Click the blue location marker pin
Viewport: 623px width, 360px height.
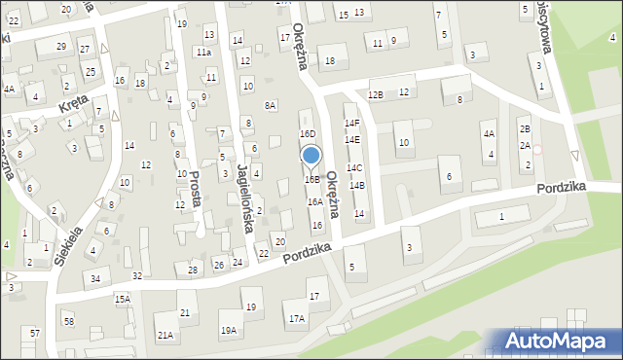click(x=311, y=156)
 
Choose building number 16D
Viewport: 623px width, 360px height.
click(x=308, y=134)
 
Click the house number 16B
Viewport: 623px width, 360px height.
click(x=311, y=180)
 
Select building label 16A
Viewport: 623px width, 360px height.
click(x=315, y=202)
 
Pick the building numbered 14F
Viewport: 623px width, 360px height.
click(x=352, y=124)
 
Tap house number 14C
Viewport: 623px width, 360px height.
click(x=355, y=168)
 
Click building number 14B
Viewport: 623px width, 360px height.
click(x=357, y=185)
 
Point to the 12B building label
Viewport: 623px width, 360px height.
click(x=376, y=94)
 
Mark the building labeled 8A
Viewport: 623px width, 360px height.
click(x=271, y=105)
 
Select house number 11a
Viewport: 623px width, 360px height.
click(x=203, y=52)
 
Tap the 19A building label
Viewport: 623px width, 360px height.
click(x=228, y=331)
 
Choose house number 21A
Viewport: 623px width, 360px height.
click(x=165, y=336)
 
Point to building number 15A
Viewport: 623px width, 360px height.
click(x=122, y=300)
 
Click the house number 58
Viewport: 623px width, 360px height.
click(x=68, y=321)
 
